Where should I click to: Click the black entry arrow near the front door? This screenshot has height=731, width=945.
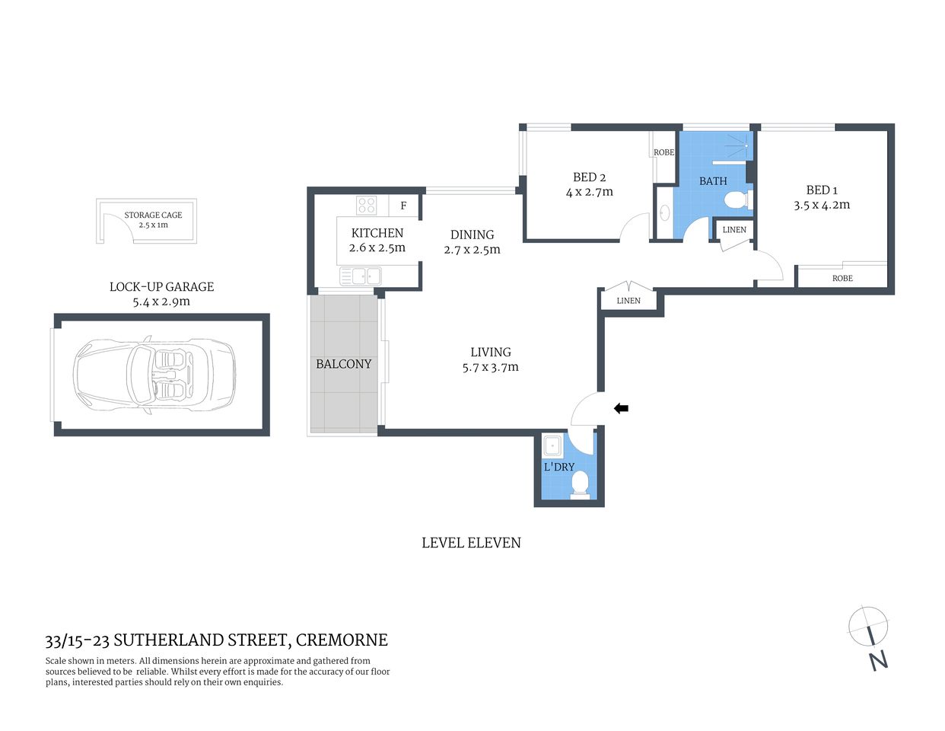point(621,409)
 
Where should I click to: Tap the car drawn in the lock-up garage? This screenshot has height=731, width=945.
point(154,376)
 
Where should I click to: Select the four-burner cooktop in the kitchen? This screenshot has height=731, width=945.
point(366,206)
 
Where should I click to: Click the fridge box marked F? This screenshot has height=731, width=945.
point(403,206)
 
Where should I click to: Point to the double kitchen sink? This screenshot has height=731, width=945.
point(361,276)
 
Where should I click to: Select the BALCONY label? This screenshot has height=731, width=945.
point(344,364)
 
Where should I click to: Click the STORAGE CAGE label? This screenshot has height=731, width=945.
point(153,215)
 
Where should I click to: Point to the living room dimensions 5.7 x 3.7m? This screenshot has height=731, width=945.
point(491,367)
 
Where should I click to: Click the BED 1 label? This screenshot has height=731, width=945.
point(822,190)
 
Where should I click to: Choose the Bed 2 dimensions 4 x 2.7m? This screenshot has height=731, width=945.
point(589,192)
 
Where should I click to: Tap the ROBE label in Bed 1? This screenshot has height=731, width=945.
point(842,279)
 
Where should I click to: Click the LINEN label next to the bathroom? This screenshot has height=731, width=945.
point(734,229)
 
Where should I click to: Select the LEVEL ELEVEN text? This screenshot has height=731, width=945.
point(471,543)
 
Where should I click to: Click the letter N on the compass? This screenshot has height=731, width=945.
point(879,659)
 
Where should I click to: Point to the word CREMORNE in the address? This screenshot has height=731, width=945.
point(342,640)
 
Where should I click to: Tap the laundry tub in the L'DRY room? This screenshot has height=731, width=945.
point(553,446)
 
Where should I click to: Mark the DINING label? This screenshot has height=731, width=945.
point(472,235)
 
